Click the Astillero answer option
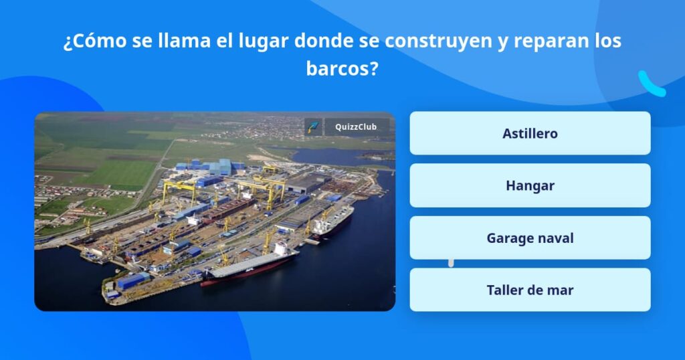[530, 133]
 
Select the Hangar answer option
[530, 185]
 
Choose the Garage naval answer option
[530, 238]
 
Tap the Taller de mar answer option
[530, 290]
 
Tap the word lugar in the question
[263, 41]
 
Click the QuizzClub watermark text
[356, 127]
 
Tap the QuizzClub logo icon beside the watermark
[313, 127]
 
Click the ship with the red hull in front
[250, 266]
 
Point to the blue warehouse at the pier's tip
[132, 281]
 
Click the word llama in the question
[185, 41]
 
